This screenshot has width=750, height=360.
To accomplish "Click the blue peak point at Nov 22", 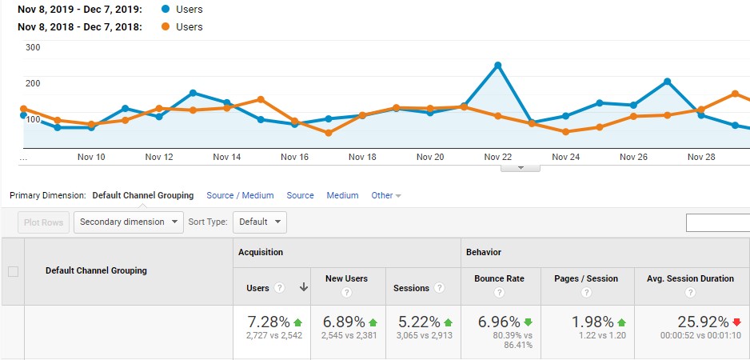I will pos(497,65).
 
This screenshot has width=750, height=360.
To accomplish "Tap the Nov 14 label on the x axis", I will pos(227,157).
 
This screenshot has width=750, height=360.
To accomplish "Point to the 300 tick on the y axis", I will pos(33,47).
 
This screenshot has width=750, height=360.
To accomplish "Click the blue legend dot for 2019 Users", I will pos(166,10).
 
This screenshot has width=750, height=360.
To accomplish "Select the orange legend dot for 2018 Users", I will pos(166,27).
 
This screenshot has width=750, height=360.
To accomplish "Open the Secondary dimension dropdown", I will pos(129,222).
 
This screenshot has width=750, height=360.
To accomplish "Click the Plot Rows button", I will pos(44,222).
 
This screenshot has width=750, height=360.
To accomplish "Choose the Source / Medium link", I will pos(240,195).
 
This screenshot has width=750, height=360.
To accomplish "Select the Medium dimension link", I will pos(342,195).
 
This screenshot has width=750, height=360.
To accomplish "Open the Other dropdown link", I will pos(386,195).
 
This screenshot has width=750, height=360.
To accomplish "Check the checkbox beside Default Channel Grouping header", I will pos(13,271).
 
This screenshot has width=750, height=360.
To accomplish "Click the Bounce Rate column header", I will pos(499,278).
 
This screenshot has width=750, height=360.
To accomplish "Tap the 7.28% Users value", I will pos(268,322).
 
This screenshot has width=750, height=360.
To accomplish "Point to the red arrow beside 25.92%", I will pos(736,322).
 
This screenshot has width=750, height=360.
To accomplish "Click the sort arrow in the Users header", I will pos(303,288).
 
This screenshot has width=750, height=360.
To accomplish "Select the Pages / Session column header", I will pos(586,278).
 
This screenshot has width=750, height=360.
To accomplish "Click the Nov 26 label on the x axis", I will pos(633,157).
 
